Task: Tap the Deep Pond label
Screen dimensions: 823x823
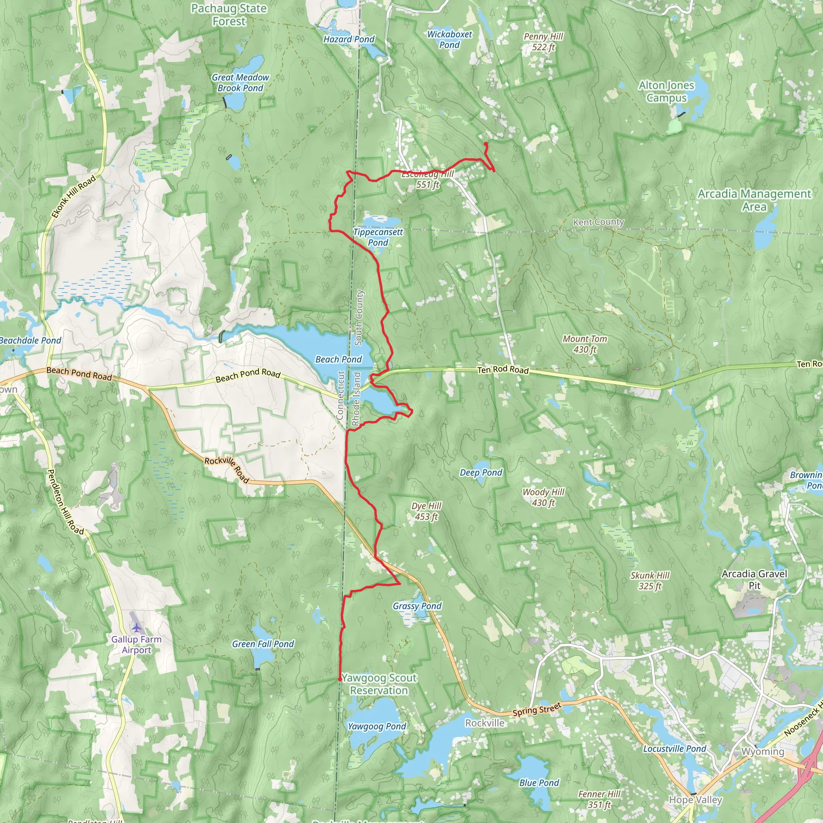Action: [x=481, y=473]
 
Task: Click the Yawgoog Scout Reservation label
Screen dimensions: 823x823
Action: [x=379, y=684]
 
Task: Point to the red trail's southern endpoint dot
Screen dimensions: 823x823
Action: [x=340, y=679]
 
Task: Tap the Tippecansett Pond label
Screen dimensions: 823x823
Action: [x=378, y=237]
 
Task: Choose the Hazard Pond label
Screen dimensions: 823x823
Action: [x=348, y=39]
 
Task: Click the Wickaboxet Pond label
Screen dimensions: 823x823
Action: [x=449, y=39]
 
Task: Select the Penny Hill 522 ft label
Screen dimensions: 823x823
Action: [x=543, y=42]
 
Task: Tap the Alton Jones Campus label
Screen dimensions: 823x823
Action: [x=666, y=92]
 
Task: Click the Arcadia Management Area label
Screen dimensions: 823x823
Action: [x=754, y=200]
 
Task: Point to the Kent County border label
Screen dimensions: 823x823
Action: [x=598, y=222]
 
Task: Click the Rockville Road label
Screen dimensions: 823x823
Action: [x=227, y=469]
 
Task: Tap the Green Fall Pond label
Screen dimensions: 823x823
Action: [x=263, y=644]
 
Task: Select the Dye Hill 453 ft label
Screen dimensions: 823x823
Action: [x=426, y=511]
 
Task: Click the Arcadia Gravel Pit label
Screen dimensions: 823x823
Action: [x=754, y=579]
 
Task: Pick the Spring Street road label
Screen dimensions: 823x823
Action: [x=537, y=710]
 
